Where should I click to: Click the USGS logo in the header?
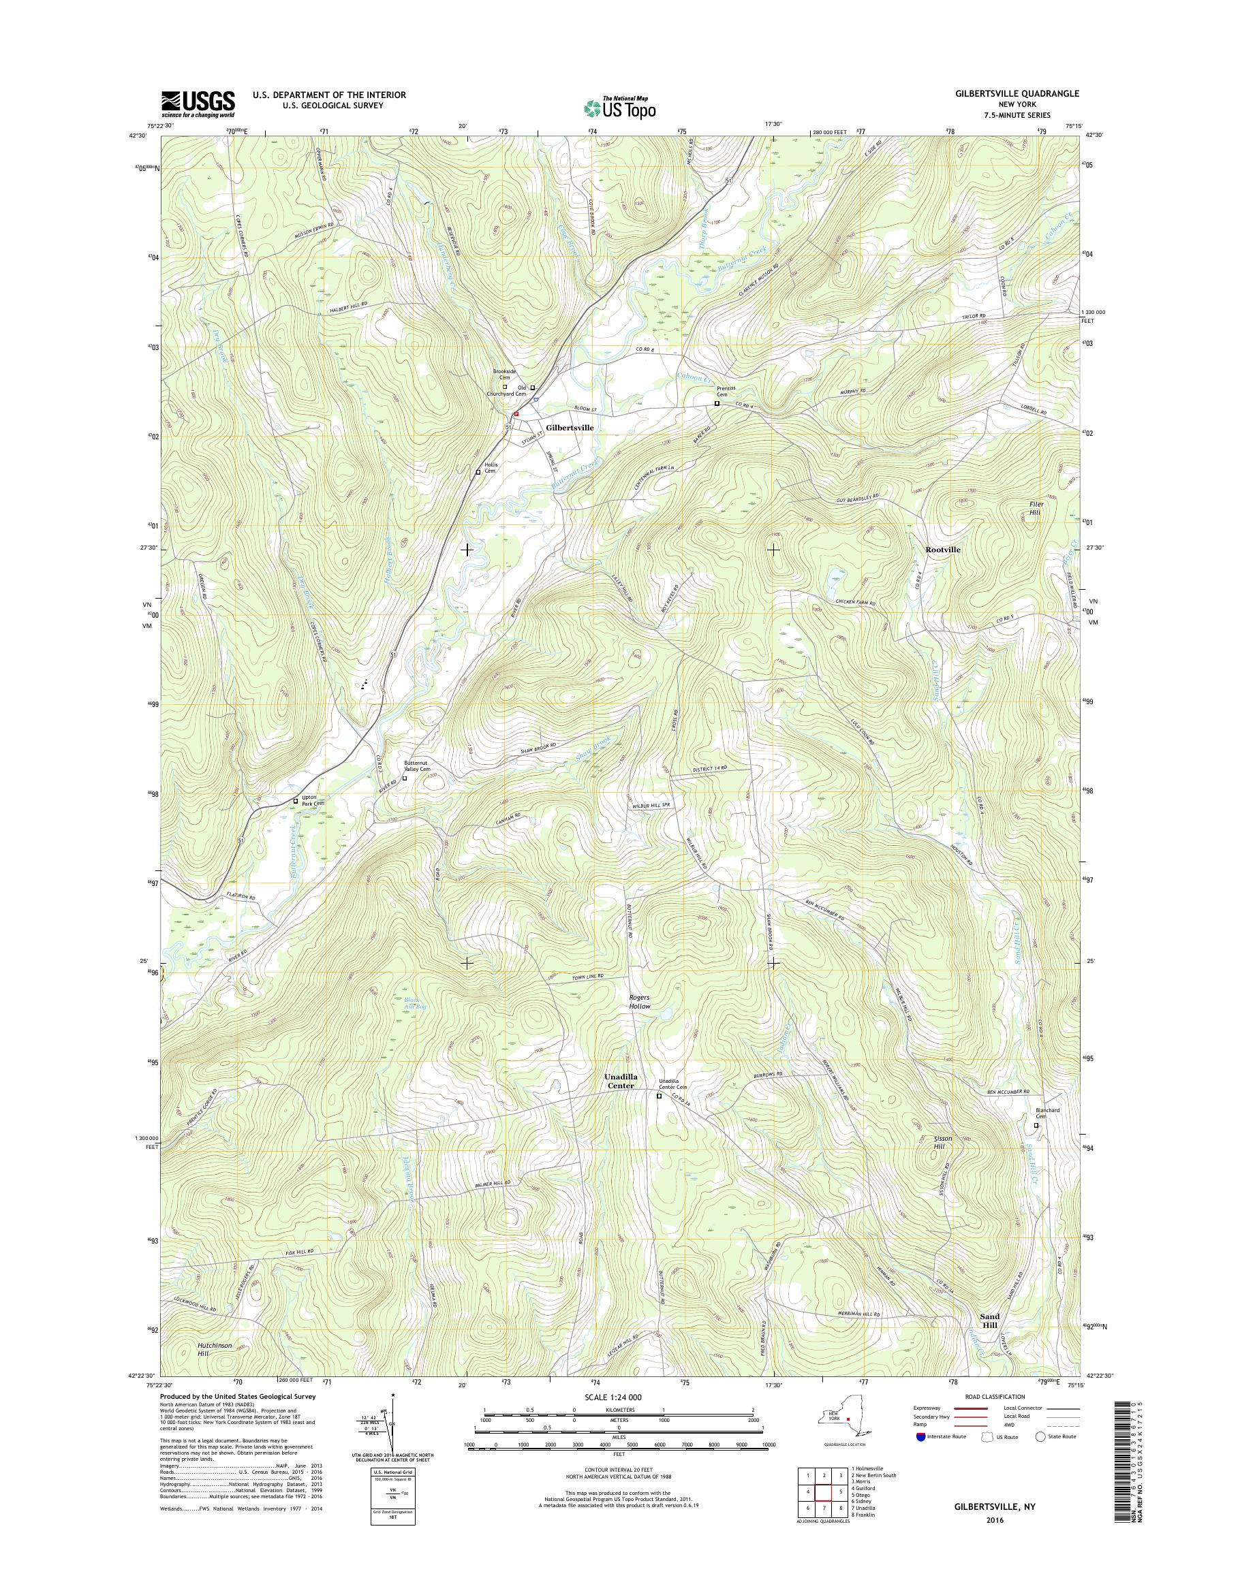[198, 104]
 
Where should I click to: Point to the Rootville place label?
[942, 550]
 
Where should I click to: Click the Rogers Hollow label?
[640, 1002]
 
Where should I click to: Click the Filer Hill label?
[1036, 508]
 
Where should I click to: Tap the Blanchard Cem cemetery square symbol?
[1036, 1146]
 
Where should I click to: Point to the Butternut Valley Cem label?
[418, 765]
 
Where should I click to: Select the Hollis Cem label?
[491, 467]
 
